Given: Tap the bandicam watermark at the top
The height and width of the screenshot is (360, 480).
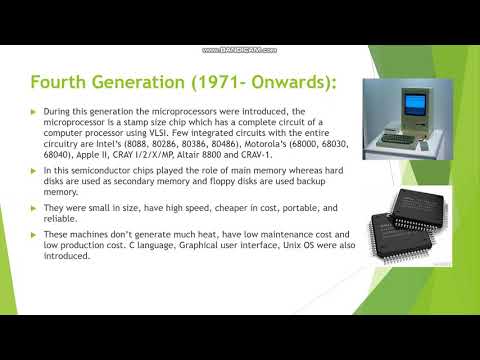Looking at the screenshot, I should click(240, 50).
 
